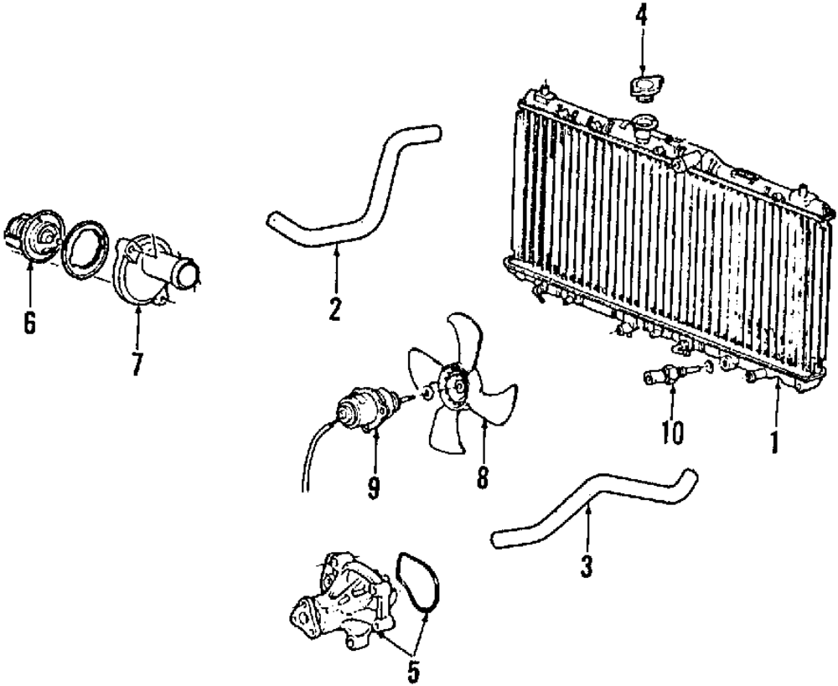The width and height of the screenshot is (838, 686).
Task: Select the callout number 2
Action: pos(334,309)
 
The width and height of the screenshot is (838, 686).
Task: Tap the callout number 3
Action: pos(587,567)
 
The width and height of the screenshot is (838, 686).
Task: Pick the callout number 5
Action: pos(415,670)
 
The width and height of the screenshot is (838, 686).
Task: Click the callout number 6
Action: pos(29,323)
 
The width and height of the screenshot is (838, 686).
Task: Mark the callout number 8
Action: pos(484,477)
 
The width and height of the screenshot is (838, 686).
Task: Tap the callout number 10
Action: pos(672,432)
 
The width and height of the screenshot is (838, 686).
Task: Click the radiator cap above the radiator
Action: pos(644,86)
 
